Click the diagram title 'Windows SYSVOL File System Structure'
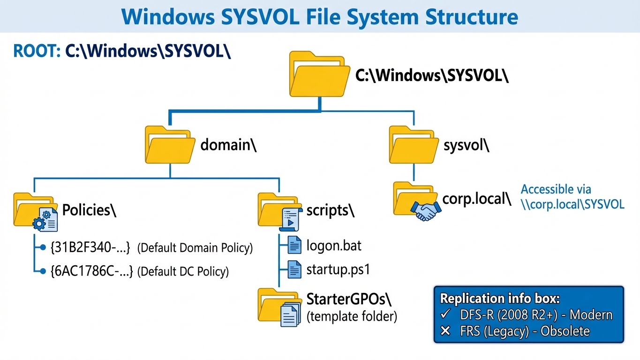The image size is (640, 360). [320, 16]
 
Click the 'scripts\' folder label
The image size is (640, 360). [330, 210]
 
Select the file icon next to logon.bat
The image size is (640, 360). [294, 245]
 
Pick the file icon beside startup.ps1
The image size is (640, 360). [294, 270]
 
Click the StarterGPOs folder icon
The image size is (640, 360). [279, 307]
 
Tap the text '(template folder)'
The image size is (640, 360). [352, 317]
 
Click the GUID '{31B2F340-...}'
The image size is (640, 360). [90, 247]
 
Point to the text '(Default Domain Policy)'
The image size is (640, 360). [195, 248]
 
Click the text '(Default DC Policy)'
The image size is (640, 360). [183, 271]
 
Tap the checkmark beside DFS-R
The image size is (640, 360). [446, 315]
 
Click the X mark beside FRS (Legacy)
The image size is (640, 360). [445, 331]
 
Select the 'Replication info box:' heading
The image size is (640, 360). [500, 299]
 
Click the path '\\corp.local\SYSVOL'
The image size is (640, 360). [572, 204]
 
